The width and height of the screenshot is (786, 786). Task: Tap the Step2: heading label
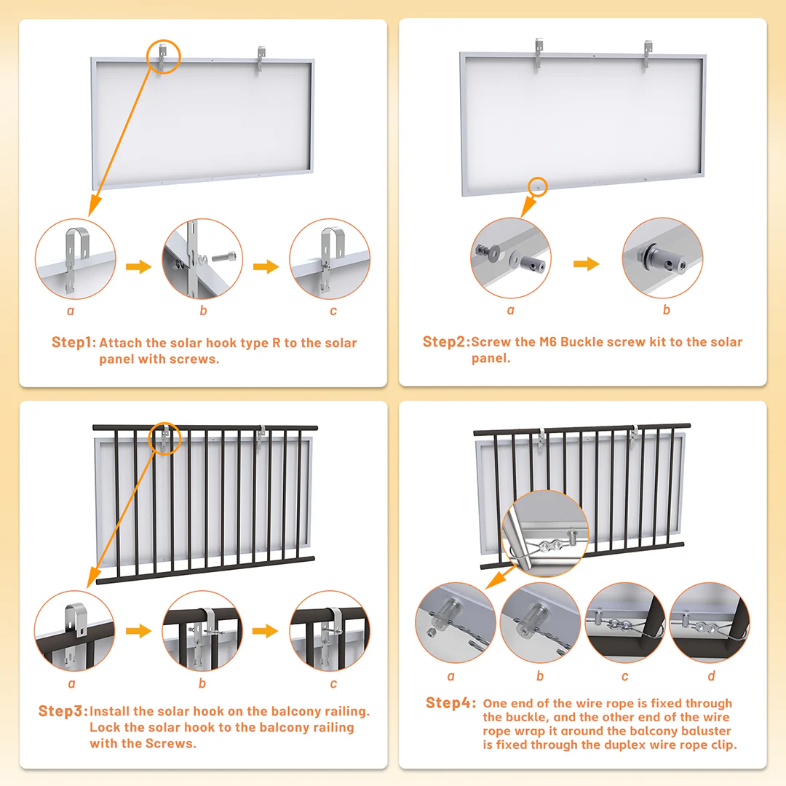(x=445, y=342)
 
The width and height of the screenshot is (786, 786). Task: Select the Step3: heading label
(x=63, y=711)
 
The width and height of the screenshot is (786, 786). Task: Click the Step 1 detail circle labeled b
(x=202, y=259)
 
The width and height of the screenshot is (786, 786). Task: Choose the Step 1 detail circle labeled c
(x=329, y=259)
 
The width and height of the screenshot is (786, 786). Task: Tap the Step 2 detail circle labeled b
(x=662, y=258)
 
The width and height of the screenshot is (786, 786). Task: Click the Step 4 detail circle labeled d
(x=709, y=622)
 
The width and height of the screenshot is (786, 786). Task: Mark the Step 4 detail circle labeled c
(x=624, y=622)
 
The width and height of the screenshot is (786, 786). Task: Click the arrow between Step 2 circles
(x=586, y=263)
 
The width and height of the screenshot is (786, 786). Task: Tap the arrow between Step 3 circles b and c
(x=266, y=630)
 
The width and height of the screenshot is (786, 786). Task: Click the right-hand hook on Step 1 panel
(x=261, y=59)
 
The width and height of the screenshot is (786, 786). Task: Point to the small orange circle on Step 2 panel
(x=538, y=186)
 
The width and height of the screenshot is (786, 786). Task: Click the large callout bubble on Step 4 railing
(x=545, y=533)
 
